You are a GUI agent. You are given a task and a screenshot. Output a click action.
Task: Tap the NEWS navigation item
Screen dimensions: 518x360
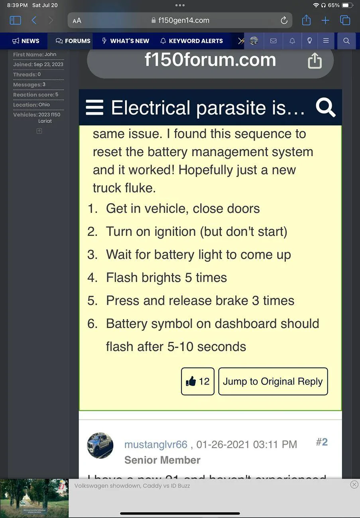[x=26, y=41]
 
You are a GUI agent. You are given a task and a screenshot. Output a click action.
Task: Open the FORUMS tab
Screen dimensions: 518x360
[x=73, y=41]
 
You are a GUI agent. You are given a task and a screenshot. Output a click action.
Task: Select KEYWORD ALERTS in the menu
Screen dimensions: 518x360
[x=191, y=41]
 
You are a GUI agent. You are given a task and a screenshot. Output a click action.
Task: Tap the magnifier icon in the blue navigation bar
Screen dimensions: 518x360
[x=346, y=41]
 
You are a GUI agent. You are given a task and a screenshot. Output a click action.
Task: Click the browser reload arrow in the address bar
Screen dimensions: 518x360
[x=284, y=20]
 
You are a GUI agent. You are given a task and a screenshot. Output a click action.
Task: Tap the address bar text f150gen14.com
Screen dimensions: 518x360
[x=183, y=20]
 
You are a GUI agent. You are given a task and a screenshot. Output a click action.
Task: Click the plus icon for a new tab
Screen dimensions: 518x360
[x=325, y=20]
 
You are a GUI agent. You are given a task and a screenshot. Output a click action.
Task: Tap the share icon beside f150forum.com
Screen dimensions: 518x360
[x=315, y=61]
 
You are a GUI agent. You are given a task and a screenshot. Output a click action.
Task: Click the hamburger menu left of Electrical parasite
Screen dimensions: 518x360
[x=94, y=108]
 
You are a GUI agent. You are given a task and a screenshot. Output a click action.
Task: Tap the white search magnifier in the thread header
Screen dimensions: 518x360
[x=325, y=108]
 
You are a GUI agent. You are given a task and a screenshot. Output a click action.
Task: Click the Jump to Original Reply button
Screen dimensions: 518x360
[x=273, y=381]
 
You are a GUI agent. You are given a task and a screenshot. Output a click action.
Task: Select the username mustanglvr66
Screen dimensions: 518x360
[x=155, y=444]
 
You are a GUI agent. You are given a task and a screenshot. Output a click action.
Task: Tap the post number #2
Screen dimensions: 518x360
[x=321, y=442]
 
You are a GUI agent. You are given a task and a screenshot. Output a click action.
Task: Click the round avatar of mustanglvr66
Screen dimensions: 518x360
[x=100, y=445]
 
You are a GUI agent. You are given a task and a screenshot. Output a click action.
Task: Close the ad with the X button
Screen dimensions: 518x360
[x=354, y=485]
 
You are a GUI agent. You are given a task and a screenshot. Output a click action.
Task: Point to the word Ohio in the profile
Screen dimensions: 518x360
[x=44, y=105]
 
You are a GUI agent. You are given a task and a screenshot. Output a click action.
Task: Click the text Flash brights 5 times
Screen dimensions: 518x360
[x=166, y=278]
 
